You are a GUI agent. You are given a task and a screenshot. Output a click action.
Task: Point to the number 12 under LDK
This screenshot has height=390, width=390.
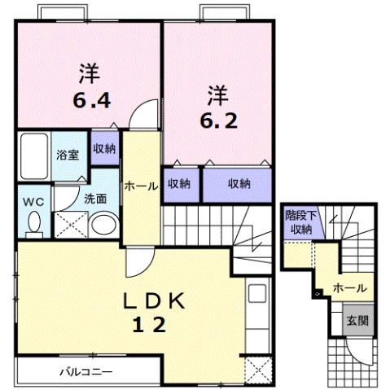coord(151,326)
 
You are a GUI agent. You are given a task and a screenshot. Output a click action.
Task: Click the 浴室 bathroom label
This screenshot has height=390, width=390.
coord(67,154)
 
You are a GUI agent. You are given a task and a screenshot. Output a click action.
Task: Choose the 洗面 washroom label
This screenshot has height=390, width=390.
coord(71,198)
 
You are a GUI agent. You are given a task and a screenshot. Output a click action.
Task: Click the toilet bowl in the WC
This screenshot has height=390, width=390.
coord(33,221)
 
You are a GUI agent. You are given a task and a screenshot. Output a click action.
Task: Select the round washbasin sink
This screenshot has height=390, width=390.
coord(103,226)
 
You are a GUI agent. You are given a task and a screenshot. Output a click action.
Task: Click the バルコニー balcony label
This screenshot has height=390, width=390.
coord(85,373)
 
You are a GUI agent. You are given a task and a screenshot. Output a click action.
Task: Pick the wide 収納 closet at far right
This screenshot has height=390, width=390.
coord(239,184)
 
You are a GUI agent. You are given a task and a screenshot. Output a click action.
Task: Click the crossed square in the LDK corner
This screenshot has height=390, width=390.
coord(259,370)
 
